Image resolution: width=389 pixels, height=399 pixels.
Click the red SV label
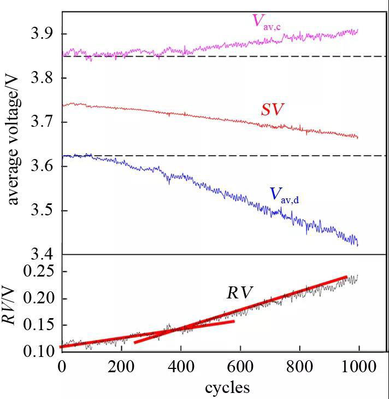[272, 110]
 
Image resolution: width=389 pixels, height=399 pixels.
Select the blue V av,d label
[299, 195]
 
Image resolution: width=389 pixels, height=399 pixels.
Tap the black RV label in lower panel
[240, 292]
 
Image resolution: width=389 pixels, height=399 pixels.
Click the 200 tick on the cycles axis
[121, 367]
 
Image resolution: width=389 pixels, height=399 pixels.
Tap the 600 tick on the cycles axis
[240, 367]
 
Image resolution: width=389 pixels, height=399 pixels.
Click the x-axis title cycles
[227, 388]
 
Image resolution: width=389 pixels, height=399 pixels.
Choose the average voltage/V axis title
[13, 139]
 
